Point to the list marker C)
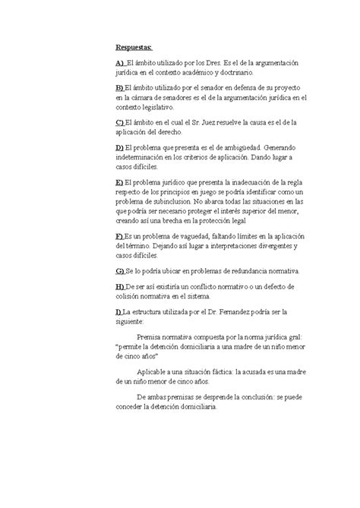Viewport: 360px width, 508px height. click(x=120, y=122)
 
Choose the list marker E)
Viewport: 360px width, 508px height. click(x=120, y=183)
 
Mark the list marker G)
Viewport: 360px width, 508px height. click(x=120, y=271)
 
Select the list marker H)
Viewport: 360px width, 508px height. click(x=120, y=286)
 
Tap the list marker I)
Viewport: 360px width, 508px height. click(x=119, y=311)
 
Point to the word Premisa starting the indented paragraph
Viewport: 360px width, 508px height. click(x=151, y=336)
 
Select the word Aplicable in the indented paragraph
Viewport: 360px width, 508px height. click(x=154, y=371)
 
